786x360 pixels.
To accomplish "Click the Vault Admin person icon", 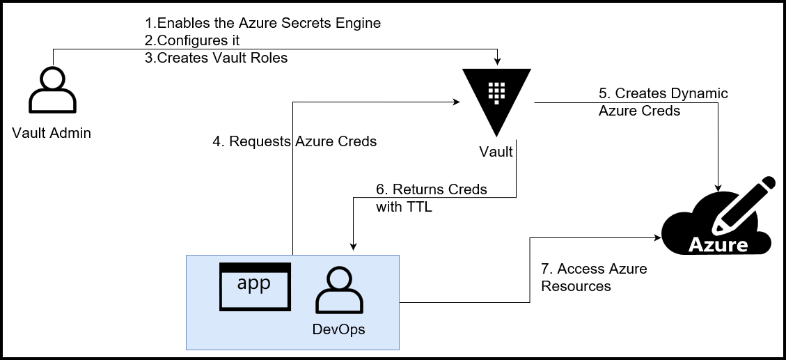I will coord(52,91).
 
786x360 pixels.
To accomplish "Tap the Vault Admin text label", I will coord(52,133).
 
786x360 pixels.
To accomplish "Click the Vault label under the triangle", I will coord(496,151).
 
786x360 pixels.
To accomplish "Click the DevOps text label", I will coord(339,329).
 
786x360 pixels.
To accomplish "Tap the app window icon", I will coord(254,286).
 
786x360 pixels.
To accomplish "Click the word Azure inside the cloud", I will coord(718,245).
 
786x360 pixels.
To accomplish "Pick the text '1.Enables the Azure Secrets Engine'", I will coord(262,23).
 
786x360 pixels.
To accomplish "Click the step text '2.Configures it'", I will coord(192,40).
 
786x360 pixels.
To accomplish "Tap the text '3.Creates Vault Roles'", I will coord(216,58).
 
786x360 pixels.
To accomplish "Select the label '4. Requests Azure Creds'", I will coord(294,141).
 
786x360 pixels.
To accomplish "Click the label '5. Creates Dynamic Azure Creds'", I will coord(663,102).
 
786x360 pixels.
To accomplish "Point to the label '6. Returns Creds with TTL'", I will coord(431,198).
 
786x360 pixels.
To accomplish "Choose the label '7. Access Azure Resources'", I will coord(594,277).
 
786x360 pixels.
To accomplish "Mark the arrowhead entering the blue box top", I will coord(354,245).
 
